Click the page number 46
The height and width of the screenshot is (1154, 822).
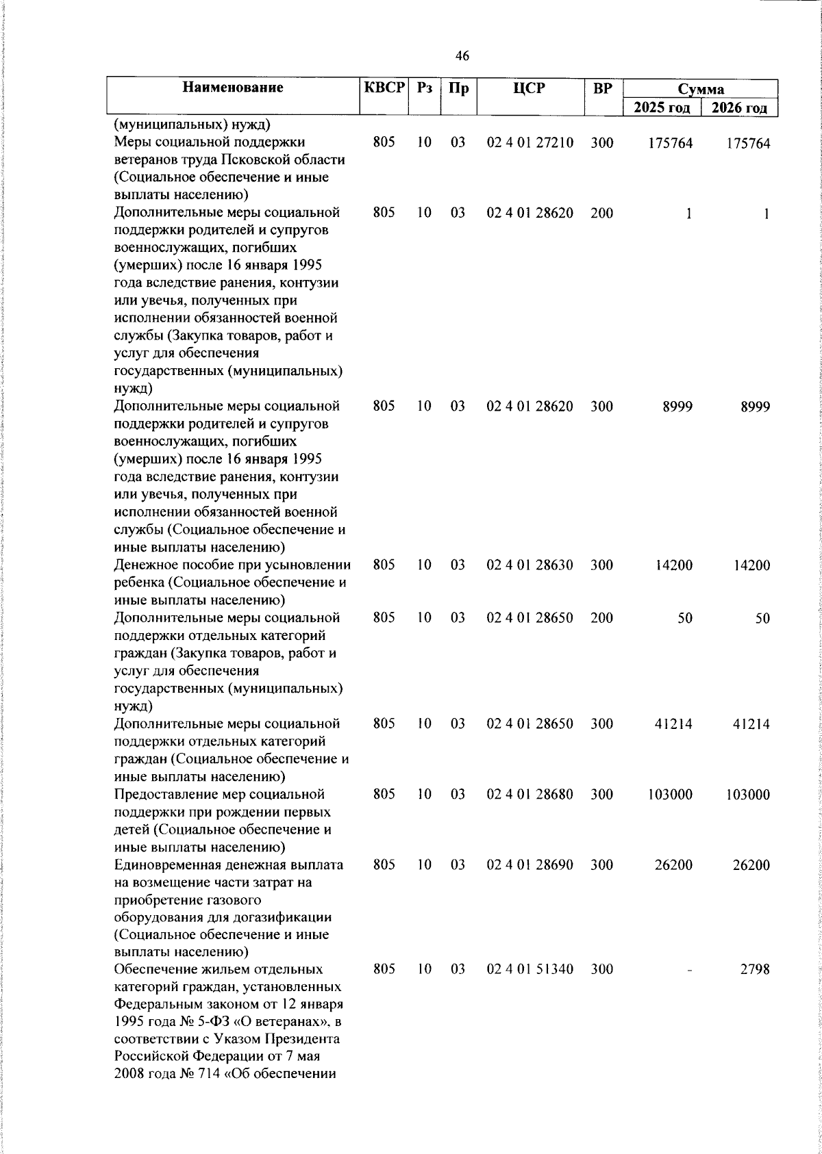pos(462,56)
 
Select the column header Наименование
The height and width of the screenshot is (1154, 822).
pos(233,88)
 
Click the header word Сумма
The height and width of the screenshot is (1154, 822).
pos(701,89)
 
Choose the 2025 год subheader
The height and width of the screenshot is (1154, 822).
pos(662,107)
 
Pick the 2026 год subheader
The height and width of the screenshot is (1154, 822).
pos(739,107)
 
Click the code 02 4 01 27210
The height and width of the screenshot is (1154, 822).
pos(530,143)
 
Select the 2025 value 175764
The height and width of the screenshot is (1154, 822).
pos(670,143)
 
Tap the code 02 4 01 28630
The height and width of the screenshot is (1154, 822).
pos(530,565)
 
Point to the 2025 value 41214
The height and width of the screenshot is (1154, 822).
pos(673,724)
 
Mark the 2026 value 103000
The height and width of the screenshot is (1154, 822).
pos(748,795)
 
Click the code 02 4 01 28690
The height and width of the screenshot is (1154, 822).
pos(530,865)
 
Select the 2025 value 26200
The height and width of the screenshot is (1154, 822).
pos(673,865)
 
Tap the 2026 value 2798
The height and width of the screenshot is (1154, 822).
pos(755,969)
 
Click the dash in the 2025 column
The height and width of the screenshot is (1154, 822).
pos(688,970)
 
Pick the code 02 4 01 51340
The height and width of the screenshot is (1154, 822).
pos(530,969)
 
